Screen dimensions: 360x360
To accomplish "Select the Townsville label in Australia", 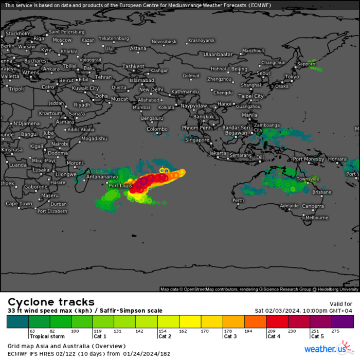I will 308,179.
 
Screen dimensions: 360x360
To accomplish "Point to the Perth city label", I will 238,200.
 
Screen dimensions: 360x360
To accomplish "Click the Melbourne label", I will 316,218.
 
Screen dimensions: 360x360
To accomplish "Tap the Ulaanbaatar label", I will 218,54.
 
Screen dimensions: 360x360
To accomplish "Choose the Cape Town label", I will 20,204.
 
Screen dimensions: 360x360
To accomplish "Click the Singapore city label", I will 197,140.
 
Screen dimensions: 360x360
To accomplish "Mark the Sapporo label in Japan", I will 305,64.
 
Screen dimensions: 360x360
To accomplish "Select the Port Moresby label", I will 309,159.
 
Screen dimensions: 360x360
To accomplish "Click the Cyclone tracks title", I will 51,302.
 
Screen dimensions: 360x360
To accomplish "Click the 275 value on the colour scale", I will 336,331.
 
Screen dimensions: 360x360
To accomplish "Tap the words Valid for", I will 340,304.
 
